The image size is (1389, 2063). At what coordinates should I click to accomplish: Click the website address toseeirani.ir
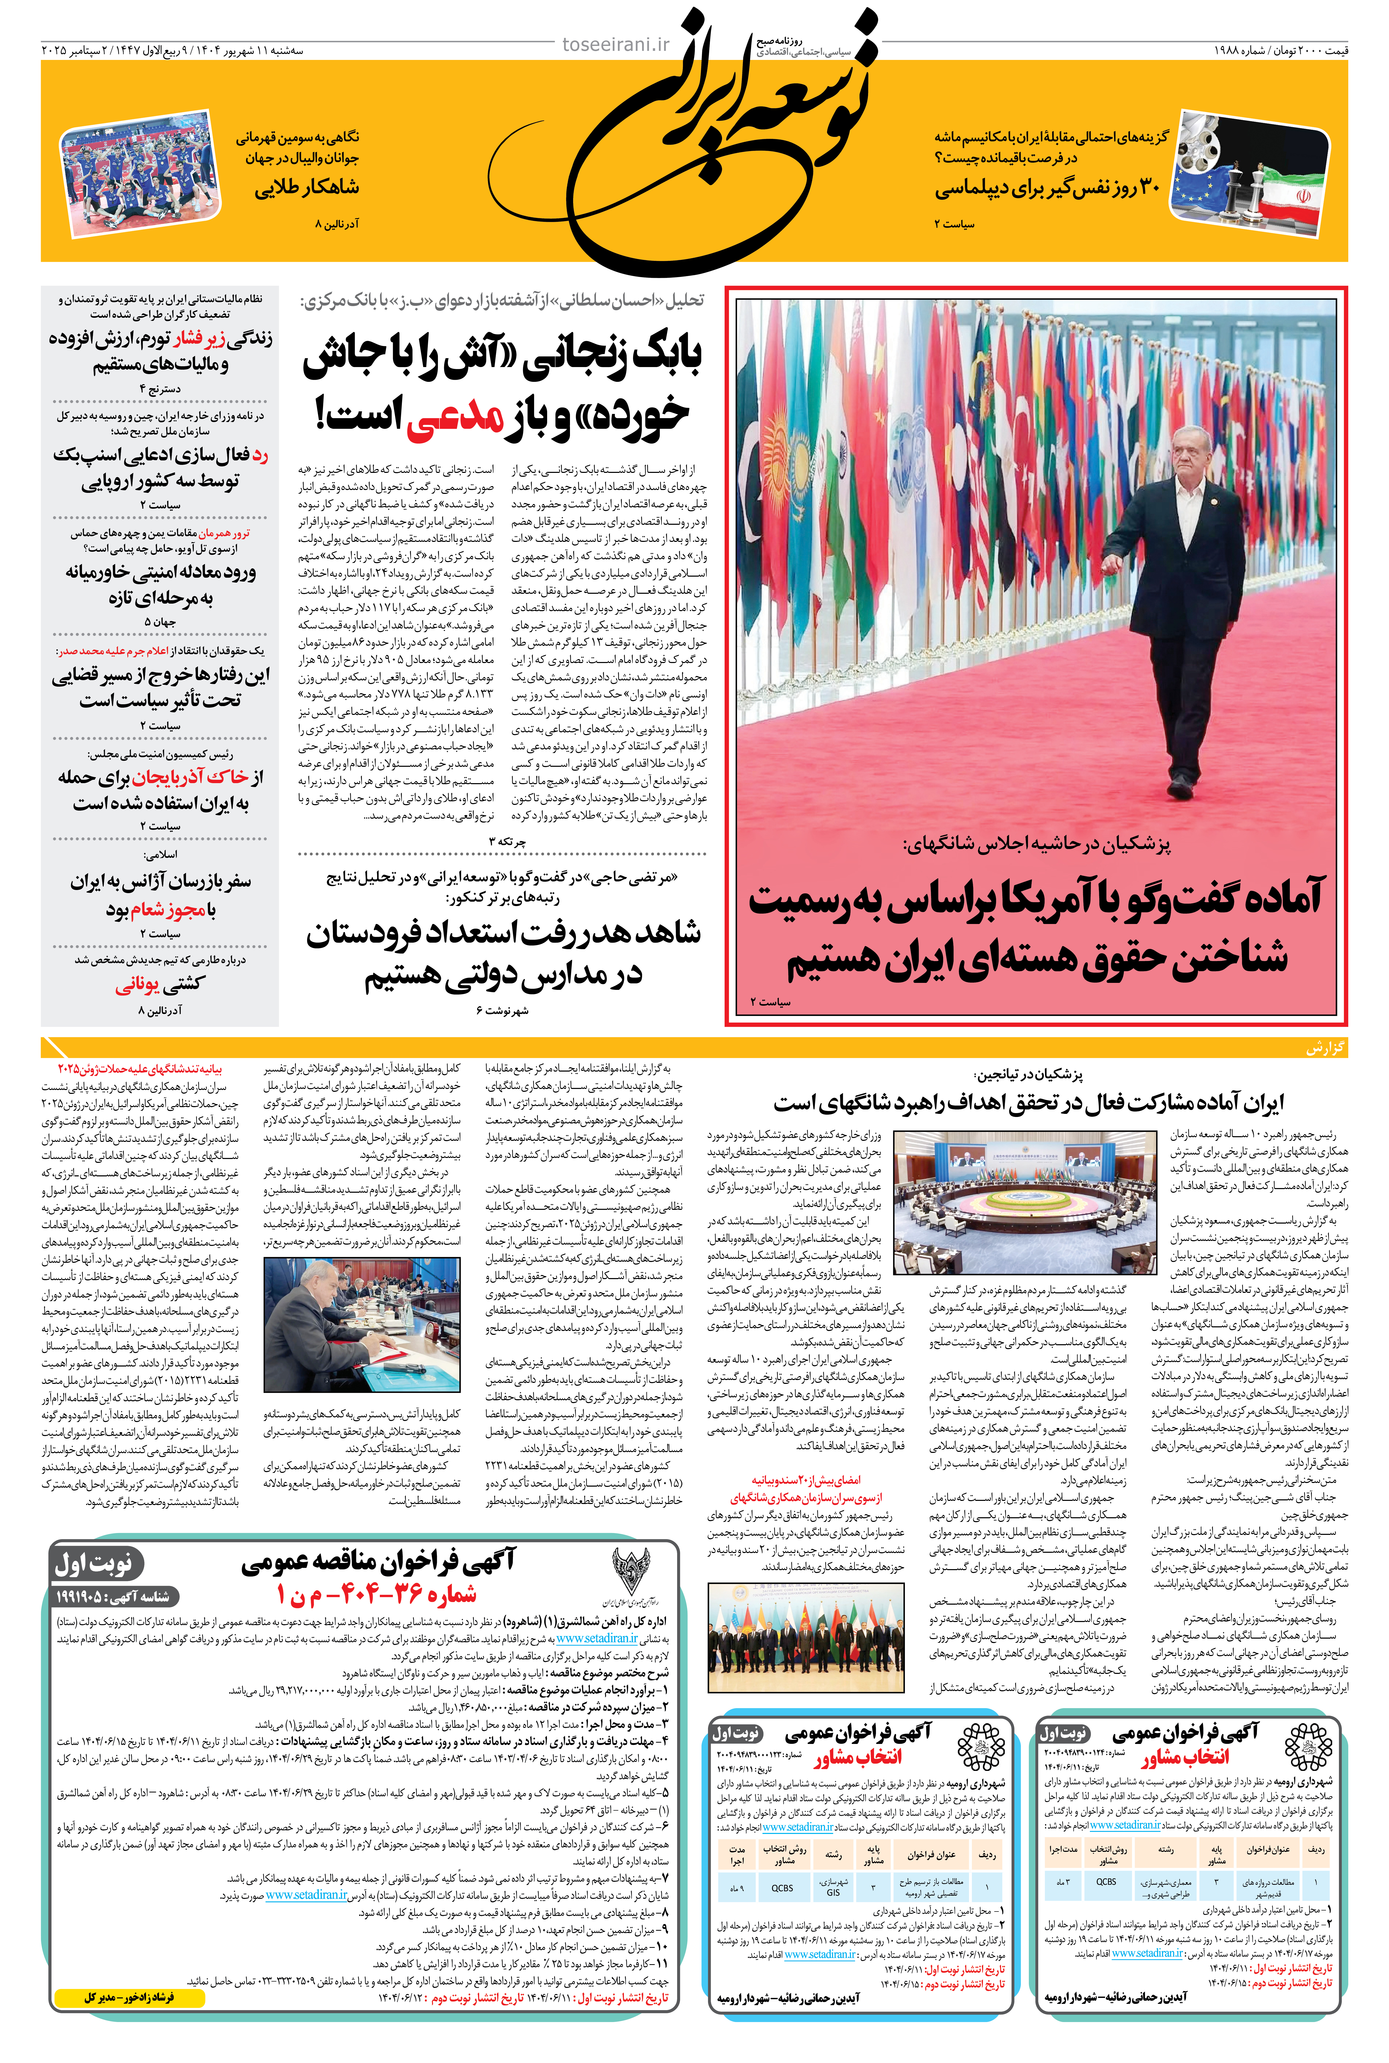pos(616,44)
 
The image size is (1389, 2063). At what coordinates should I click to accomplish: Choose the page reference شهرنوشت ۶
pos(502,1010)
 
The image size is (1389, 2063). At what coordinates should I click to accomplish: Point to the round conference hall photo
pos(1024,1202)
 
